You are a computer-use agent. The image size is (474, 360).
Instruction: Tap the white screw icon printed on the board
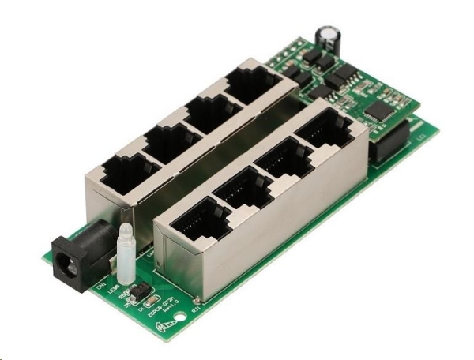click(167, 324)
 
